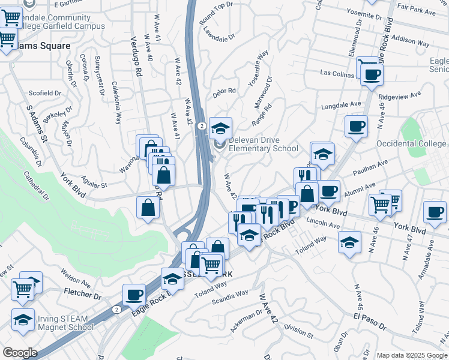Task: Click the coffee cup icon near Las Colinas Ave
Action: pos(372,75)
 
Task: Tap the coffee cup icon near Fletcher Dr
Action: pos(134,295)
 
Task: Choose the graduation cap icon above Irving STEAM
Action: pos(23,319)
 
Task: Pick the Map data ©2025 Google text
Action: pos(411,355)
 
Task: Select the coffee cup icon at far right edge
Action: pos(435,211)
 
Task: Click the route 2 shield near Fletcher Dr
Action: pos(117,309)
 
